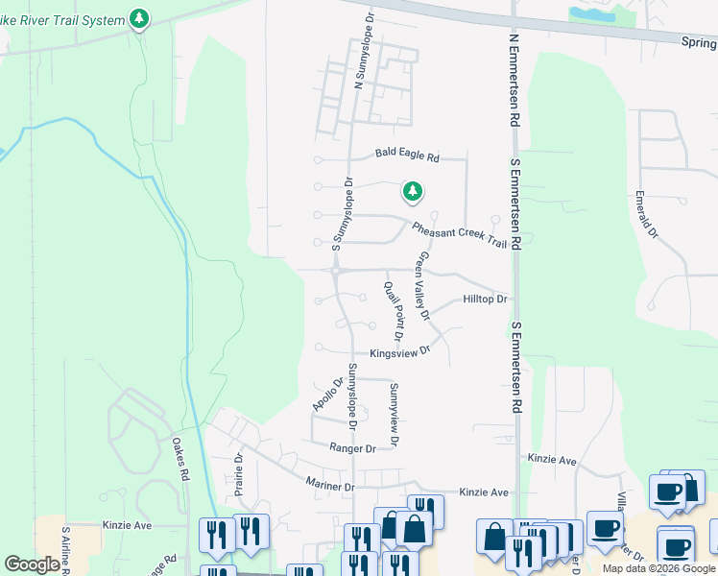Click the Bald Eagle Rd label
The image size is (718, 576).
coord(406,155)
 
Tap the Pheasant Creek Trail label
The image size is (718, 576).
coord(459,235)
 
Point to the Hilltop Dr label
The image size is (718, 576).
coord(484,300)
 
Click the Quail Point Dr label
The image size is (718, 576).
coord(392,312)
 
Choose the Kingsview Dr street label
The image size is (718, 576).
coord(397,352)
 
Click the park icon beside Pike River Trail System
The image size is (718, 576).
coord(140,19)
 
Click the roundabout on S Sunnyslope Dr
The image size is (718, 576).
coord(337,272)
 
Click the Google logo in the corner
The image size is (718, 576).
coord(32,564)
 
